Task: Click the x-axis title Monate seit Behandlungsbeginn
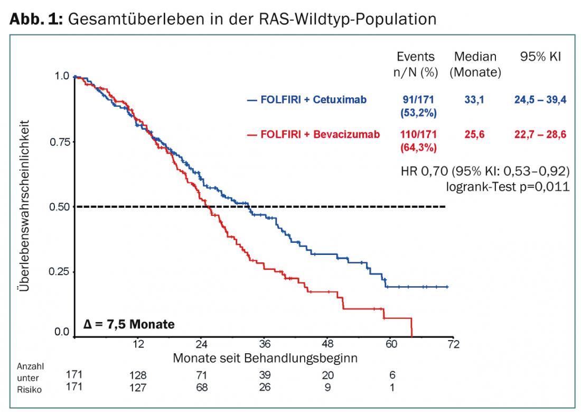pos(265,358)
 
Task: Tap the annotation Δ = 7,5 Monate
pos(129,324)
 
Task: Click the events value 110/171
pos(416,135)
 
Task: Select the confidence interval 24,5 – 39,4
pos(540,99)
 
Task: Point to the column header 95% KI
pos(540,57)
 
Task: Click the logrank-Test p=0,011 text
pos(508,186)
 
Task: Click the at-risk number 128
pos(138,375)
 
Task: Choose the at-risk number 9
pos(327,387)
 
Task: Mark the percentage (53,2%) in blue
pos(416,112)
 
